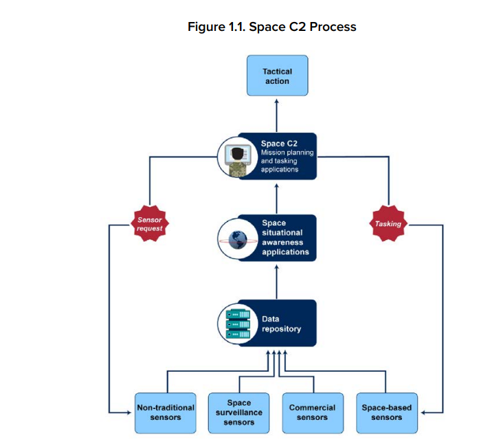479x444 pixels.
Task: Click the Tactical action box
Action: tap(278, 76)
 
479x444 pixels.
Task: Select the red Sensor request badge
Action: tap(150, 223)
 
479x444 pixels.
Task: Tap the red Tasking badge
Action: tap(388, 223)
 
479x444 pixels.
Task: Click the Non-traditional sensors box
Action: tap(166, 413)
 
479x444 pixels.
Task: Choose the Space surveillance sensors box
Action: tap(239, 413)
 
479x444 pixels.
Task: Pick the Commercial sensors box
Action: tap(313, 413)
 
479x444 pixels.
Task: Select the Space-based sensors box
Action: tap(387, 413)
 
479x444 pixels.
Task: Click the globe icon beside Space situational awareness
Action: tap(238, 239)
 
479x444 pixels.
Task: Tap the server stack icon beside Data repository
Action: tap(238, 324)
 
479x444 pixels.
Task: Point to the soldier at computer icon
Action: tap(238, 157)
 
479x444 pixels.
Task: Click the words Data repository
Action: tap(281, 324)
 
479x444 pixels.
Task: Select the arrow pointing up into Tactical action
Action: tap(277, 115)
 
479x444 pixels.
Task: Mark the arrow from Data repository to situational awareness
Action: tap(277, 282)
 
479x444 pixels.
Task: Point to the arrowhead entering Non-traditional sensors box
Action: tap(129, 412)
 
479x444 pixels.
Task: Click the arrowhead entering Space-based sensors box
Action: tap(423, 412)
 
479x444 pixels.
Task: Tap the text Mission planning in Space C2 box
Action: tap(287, 153)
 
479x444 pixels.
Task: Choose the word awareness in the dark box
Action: tap(282, 243)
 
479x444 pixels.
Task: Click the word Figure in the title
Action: tap(206, 27)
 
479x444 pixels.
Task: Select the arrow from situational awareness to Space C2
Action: tap(277, 199)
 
